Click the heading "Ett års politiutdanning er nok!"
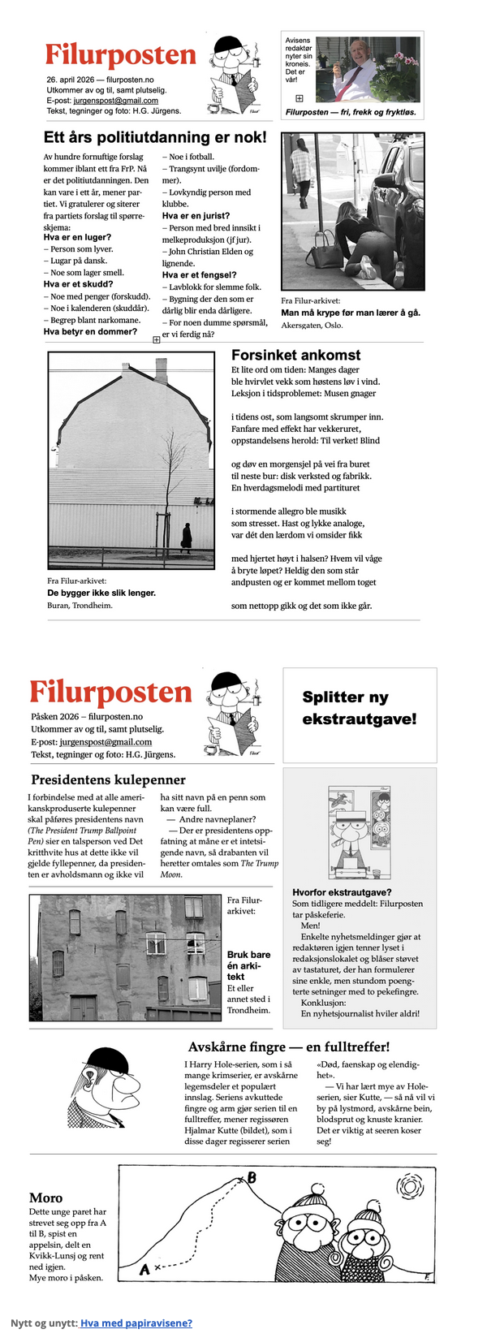tap(154, 137)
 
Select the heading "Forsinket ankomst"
tap(295, 355)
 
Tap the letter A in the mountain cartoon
tap(144, 1270)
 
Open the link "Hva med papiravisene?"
tap(136, 1323)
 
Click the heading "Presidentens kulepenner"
tap(108, 780)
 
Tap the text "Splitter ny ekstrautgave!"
tap(359, 708)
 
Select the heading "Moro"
tap(45, 1198)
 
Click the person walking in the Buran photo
tap(187, 537)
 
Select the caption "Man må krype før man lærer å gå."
tap(350, 313)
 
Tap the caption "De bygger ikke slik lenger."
tap(101, 593)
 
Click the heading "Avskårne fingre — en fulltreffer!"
tap(289, 1047)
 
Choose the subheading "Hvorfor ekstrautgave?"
tap(330, 892)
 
